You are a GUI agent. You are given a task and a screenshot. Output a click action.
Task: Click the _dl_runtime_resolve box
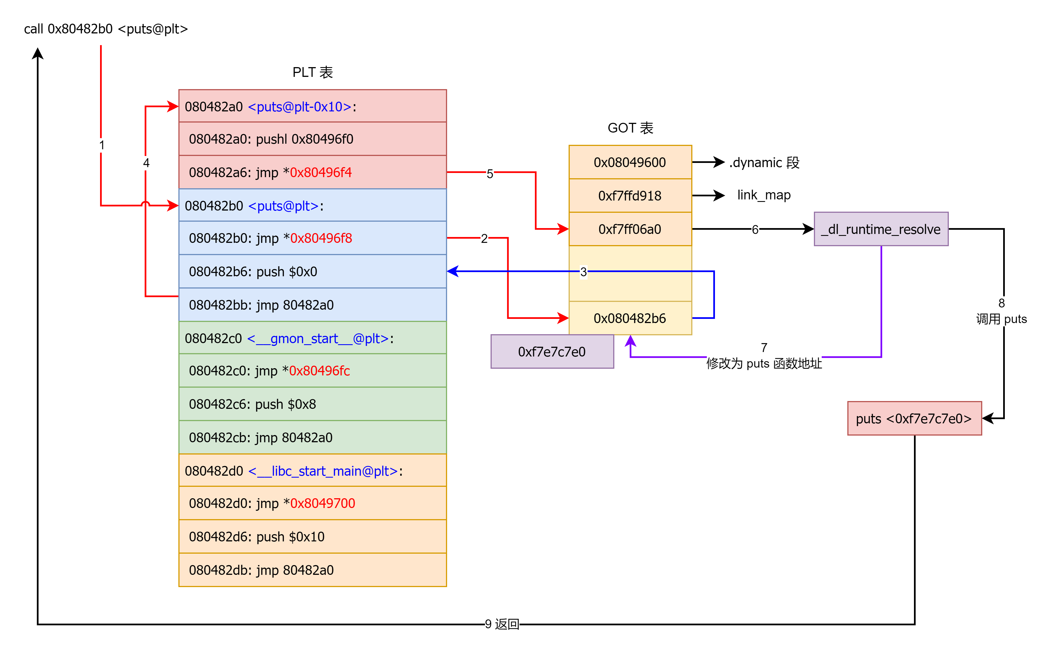tap(881, 229)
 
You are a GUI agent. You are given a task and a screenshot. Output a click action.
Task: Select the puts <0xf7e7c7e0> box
tap(914, 419)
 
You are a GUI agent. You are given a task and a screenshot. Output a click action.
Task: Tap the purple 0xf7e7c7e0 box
tap(552, 351)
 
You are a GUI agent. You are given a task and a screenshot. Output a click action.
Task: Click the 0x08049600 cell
tap(630, 162)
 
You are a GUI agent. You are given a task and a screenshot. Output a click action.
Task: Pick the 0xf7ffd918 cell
tap(630, 196)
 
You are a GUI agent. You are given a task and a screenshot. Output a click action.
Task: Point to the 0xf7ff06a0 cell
tap(630, 229)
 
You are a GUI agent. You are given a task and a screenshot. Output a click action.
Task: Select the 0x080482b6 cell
tap(630, 318)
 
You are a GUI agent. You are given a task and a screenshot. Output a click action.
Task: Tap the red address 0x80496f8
tap(321, 238)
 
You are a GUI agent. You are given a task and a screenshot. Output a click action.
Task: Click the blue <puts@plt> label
tap(283, 206)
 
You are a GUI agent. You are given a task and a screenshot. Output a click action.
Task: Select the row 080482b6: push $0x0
tap(312, 271)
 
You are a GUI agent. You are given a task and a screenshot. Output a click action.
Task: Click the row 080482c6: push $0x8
tap(312, 404)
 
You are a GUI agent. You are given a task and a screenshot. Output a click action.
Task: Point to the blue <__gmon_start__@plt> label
tap(318, 339)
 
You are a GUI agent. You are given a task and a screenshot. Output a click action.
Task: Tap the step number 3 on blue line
tap(583, 272)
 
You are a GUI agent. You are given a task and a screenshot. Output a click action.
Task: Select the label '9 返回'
tap(502, 624)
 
